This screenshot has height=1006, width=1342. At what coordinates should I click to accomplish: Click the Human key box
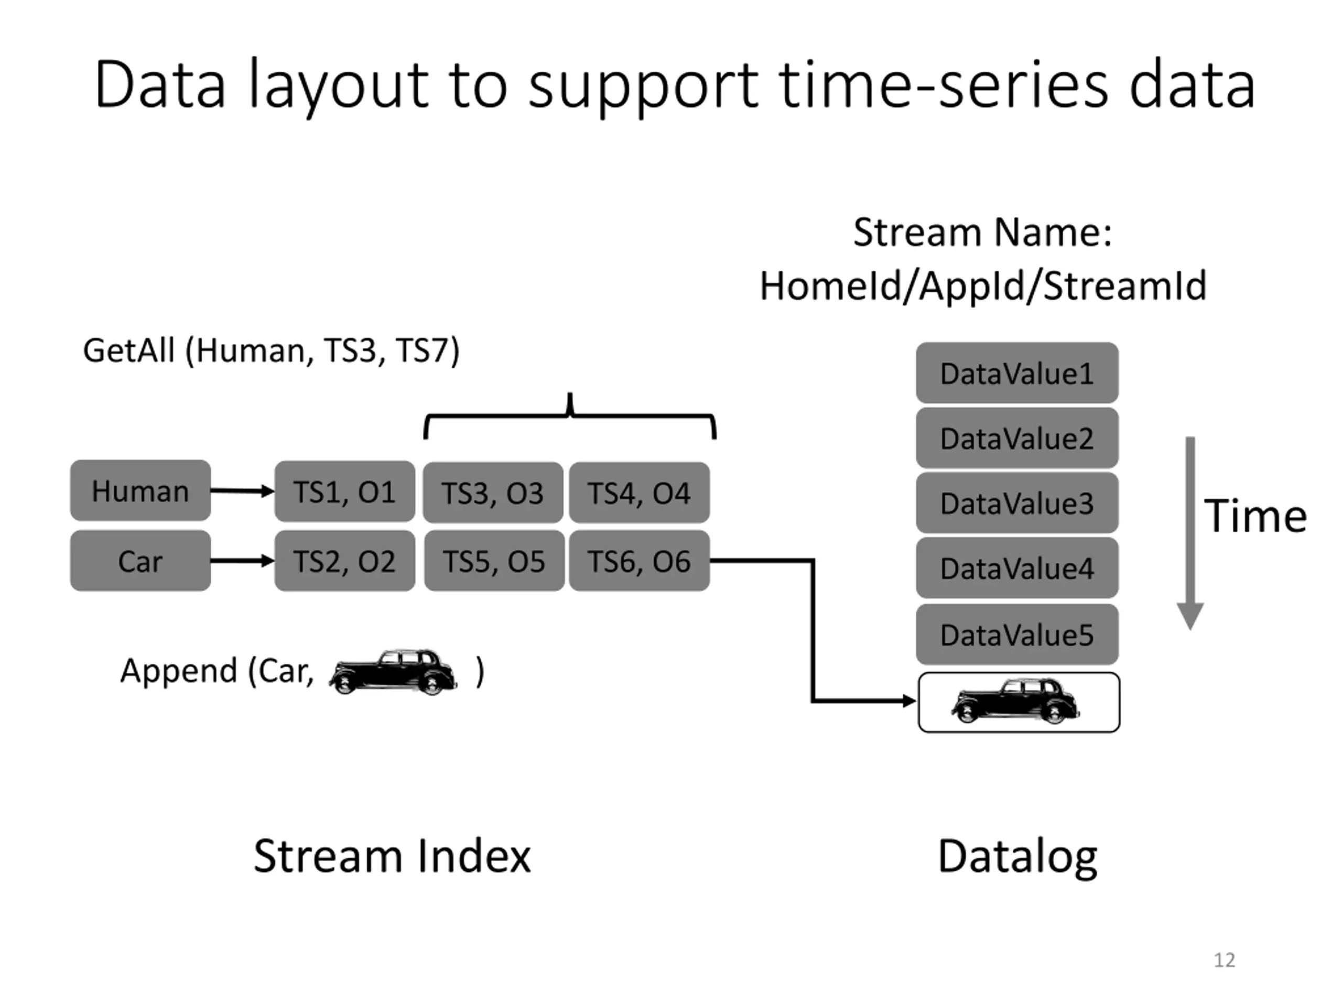click(140, 490)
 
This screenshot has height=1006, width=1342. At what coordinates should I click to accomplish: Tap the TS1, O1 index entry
click(344, 491)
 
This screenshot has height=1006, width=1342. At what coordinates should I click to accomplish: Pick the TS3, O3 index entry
click(493, 493)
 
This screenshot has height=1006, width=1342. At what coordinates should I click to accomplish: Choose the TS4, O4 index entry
click(640, 493)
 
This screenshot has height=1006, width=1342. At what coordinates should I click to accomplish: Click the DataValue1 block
click(1017, 373)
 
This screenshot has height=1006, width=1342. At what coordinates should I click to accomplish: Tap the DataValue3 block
click(1017, 502)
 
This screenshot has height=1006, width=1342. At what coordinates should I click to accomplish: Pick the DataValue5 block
click(1017, 635)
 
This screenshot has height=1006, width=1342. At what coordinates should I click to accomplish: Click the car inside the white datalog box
click(1015, 701)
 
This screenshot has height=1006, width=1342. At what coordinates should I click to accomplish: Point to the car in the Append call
click(393, 672)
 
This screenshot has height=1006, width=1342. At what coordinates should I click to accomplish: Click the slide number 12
click(1224, 960)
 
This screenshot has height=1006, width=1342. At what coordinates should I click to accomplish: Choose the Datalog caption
click(1018, 857)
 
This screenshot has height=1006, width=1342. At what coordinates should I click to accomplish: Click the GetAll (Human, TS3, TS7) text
click(271, 351)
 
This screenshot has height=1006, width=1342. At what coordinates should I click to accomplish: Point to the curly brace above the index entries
click(570, 415)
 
